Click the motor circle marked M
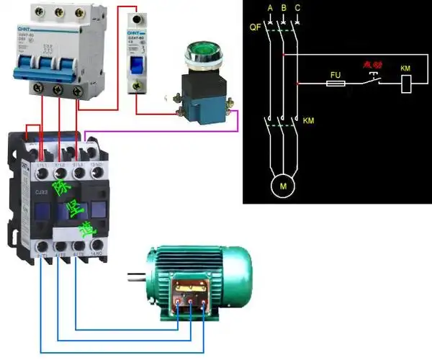click(282, 187)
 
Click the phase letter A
click(269, 8)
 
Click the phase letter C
click(297, 8)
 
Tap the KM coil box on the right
click(405, 83)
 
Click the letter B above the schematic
click(283, 8)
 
